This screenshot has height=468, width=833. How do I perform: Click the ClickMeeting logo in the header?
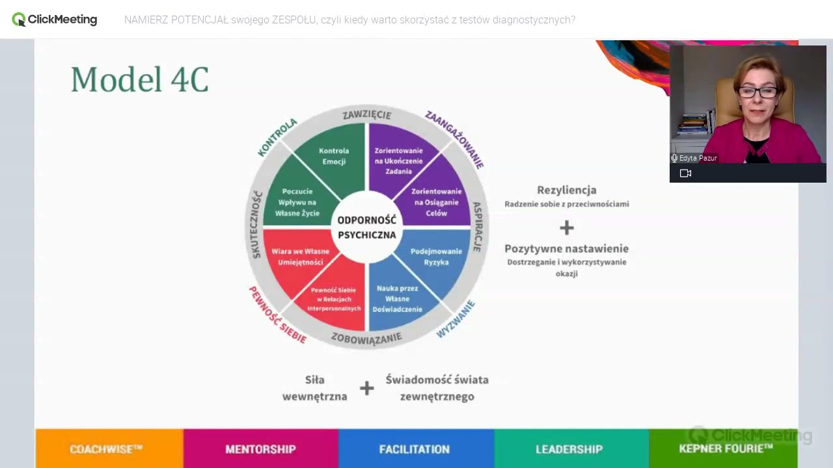pos(54,19)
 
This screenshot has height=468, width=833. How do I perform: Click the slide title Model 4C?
pos(140,79)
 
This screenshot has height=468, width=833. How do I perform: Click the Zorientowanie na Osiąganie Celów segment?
pos(437,201)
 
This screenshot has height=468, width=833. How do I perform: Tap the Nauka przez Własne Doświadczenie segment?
pos(398,299)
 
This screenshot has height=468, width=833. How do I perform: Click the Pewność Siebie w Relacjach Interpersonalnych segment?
pos(334,299)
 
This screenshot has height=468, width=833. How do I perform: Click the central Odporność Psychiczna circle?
pos(367,227)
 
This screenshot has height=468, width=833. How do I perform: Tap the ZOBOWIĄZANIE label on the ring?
pos(366,339)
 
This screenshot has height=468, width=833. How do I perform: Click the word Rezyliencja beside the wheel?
pos(567,190)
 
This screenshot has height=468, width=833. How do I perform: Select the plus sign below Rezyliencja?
pos(567,227)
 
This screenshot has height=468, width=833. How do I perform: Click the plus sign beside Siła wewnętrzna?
pos(366,388)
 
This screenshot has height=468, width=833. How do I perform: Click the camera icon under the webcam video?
pos(685,174)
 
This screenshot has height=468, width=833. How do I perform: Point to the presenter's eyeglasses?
pos(758,92)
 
